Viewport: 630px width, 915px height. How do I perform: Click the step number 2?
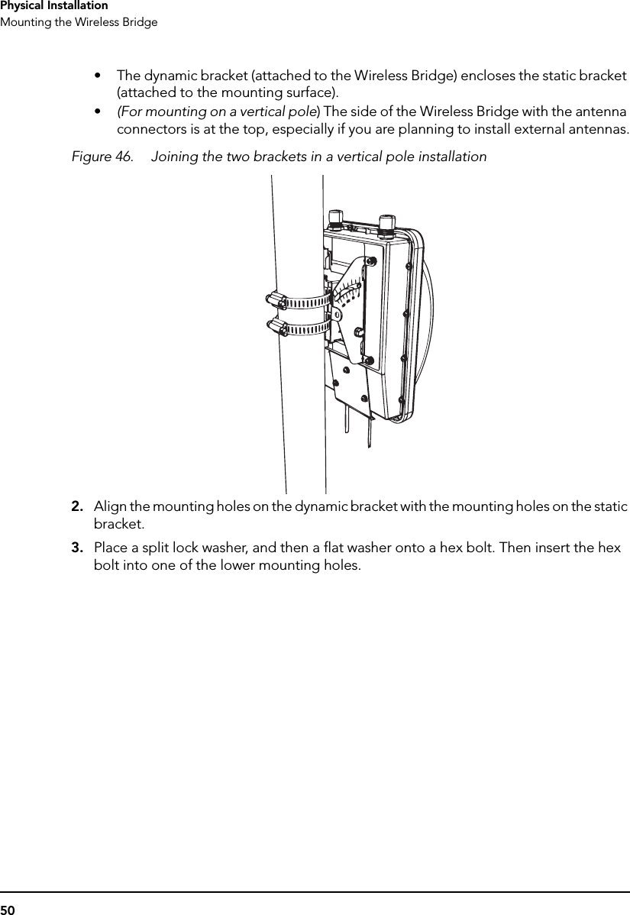pos(77,507)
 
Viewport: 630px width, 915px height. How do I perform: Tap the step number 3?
pos(77,548)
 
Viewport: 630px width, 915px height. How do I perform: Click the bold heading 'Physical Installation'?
pos(53,6)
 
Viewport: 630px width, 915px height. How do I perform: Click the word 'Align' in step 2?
pos(108,507)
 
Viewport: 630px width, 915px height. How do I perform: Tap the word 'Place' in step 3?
pos(109,548)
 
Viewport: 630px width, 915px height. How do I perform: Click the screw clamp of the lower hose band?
pos(275,328)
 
